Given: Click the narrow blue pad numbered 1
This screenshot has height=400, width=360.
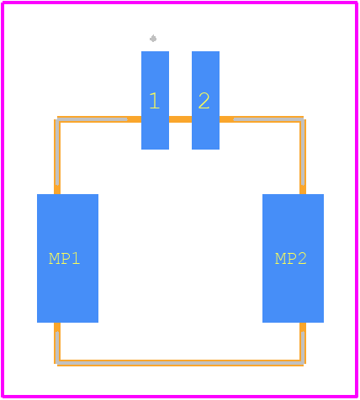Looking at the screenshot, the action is (x=155, y=100).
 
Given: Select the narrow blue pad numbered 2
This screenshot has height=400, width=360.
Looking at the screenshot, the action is (x=205, y=100).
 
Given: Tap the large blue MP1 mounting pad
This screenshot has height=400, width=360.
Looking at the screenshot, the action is (x=67, y=258).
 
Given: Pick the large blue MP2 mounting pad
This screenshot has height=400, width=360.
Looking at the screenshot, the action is (x=293, y=258).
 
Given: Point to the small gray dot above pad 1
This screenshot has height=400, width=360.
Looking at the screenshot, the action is (x=153, y=39).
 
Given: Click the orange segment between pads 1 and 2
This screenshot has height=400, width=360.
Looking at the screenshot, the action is (x=180, y=119).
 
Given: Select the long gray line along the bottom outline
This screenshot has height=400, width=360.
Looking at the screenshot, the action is (x=180, y=363).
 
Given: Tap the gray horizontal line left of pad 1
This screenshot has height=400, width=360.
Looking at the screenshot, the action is (x=92, y=119).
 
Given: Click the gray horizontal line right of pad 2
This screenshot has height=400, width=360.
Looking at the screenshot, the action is (x=269, y=119).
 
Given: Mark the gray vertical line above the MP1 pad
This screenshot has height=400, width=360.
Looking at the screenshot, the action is (x=57, y=152).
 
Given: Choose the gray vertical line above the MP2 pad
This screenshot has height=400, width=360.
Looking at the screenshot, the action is (x=303, y=152).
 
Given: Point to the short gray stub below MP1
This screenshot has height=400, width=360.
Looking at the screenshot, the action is (x=57, y=347).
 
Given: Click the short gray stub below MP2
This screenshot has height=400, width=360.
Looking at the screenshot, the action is (x=303, y=347).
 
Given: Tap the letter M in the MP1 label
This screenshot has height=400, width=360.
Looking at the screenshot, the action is (x=54, y=259).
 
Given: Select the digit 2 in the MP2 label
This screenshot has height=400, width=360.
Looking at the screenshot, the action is (x=302, y=259).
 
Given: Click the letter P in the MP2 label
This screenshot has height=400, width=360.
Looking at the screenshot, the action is (x=291, y=259).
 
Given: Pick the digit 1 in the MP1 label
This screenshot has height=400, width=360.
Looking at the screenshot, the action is (x=76, y=259).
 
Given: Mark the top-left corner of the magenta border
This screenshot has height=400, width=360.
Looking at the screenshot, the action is (x=3, y=3).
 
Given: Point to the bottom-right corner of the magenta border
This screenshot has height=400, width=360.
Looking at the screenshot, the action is (x=357, y=397).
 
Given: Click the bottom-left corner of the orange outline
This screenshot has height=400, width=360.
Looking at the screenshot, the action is (x=56, y=365).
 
